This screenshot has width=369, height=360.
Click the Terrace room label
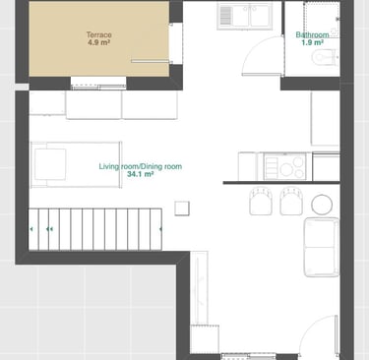(x=99, y=34)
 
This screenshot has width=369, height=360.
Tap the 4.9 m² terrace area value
(x=98, y=42)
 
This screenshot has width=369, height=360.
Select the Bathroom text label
(x=312, y=34)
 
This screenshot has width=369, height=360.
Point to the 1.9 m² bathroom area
(x=313, y=42)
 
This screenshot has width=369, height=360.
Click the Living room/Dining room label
(x=141, y=166)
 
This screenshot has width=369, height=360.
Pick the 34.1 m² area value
(x=141, y=174)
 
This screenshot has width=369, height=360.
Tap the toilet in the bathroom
(x=325, y=58)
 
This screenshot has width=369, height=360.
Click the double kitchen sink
(x=245, y=16)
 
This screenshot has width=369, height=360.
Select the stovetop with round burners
(x=285, y=167)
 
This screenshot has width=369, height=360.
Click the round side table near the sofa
(x=322, y=205)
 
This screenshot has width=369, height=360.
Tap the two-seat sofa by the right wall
(x=322, y=247)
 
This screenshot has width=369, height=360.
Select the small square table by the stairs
(x=182, y=209)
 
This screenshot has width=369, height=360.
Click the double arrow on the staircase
(x=49, y=229)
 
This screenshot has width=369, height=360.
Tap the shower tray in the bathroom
(x=321, y=20)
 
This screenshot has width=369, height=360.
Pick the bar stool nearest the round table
(x=291, y=201)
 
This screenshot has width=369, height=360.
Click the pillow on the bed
(x=50, y=164)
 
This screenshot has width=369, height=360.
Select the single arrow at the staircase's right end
(x=160, y=229)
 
